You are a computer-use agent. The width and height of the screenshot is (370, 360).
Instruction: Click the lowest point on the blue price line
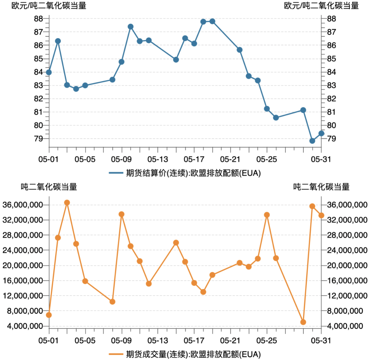click(312, 141)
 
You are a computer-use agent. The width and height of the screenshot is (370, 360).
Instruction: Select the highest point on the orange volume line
click(67, 202)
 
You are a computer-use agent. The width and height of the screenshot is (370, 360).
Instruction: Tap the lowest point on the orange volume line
click(303, 322)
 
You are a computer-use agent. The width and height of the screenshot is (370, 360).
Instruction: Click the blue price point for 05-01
click(49, 72)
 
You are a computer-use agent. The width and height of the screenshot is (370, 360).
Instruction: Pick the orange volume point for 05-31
click(321, 215)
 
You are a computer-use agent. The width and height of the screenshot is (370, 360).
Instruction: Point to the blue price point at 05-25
click(267, 109)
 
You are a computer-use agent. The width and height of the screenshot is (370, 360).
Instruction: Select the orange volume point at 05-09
click(121, 214)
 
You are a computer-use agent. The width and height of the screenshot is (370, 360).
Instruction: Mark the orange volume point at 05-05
click(85, 281)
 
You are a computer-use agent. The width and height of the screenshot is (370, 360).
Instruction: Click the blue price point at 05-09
click(121, 62)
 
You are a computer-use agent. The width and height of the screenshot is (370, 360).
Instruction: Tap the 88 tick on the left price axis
click(38, 19)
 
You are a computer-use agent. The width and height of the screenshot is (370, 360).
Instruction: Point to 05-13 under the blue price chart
click(158, 159)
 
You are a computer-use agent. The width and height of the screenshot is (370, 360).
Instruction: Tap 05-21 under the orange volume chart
click(230, 340)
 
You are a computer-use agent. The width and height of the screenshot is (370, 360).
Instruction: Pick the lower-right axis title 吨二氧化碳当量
click(321, 187)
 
